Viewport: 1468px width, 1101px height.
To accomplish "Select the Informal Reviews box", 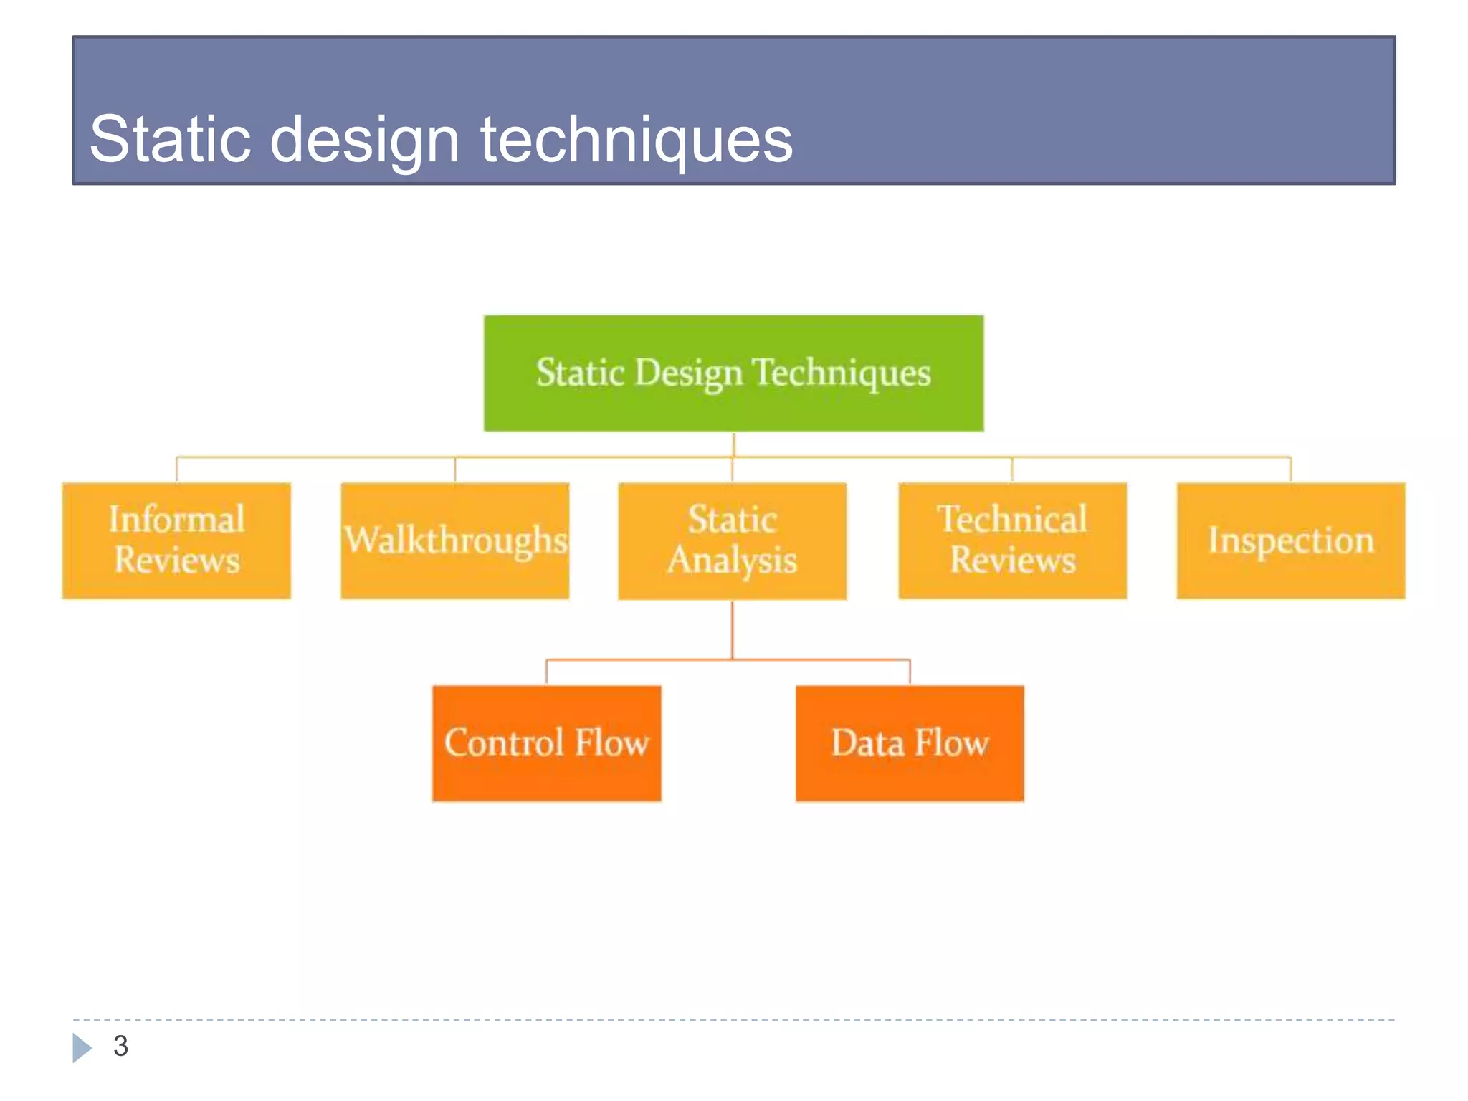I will tap(176, 540).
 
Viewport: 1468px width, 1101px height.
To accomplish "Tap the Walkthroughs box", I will tap(454, 540).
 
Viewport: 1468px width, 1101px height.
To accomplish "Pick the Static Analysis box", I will tap(732, 540).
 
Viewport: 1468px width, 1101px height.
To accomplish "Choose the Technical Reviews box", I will tap(1012, 540).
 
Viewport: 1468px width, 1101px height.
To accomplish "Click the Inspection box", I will tap(1290, 540).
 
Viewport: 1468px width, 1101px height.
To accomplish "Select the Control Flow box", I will tap(546, 743).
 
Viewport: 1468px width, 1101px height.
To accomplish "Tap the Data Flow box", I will tap(910, 743).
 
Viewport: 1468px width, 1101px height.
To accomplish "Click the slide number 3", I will tap(120, 1046).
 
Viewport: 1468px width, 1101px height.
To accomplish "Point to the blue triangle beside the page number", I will tap(81, 1047).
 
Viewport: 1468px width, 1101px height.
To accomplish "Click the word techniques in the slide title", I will tap(637, 140).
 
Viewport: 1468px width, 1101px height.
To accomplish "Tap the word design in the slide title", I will tap(364, 140).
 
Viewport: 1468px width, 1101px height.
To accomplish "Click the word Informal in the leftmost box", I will tap(176, 519).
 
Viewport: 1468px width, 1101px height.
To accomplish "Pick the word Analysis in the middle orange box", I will tap(732, 561).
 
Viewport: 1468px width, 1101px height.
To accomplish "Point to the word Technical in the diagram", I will tap(1012, 519).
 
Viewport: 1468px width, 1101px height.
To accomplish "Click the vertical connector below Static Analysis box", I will tap(732, 629).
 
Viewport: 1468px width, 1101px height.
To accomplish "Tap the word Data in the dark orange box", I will tap(867, 743).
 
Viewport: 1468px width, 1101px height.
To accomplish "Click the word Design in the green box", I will tap(688, 373).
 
